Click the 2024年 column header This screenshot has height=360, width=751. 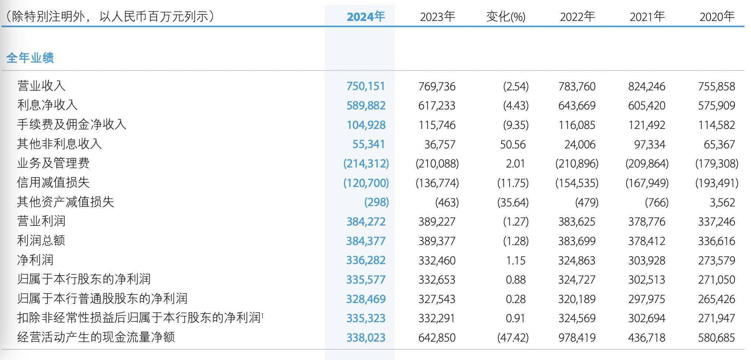click(x=366, y=17)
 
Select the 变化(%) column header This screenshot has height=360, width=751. click(x=506, y=17)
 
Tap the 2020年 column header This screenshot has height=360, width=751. click(x=716, y=17)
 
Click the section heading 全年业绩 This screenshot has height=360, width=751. click(x=30, y=58)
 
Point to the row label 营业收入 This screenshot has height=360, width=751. click(x=41, y=86)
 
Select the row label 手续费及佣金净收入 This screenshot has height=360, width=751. click(x=72, y=125)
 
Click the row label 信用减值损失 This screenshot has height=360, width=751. click(x=53, y=183)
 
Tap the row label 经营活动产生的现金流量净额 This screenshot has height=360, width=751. click(x=96, y=337)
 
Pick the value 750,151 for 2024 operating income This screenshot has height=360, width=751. click(x=366, y=86)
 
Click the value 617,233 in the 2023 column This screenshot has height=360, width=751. click(x=436, y=106)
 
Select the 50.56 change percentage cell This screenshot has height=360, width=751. click(x=513, y=144)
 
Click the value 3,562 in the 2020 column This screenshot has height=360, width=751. click(x=722, y=202)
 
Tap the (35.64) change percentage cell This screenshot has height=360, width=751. click(x=513, y=202)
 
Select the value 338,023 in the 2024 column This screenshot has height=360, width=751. click(x=366, y=338)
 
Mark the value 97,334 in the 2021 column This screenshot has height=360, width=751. click(x=649, y=144)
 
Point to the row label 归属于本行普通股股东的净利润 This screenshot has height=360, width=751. click(x=102, y=298)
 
